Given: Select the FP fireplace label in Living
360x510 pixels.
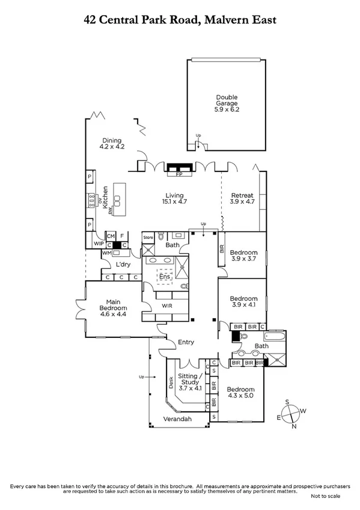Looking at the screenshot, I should click(178, 174).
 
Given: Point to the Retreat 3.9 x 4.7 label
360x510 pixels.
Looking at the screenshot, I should click(242, 198).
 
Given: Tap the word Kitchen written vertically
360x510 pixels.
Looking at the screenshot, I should click(105, 197).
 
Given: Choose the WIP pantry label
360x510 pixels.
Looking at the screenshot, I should click(98, 244).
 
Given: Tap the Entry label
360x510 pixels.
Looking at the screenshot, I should click(186, 342).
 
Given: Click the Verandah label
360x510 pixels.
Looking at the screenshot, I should click(178, 419).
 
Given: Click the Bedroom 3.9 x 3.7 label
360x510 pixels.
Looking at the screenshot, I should click(243, 256).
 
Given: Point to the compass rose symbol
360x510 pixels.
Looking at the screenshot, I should click(290, 414).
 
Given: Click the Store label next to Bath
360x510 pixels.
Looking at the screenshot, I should click(148, 238).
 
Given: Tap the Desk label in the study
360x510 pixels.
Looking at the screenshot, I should click(171, 383).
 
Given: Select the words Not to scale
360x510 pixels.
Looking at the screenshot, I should click(325, 496).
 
